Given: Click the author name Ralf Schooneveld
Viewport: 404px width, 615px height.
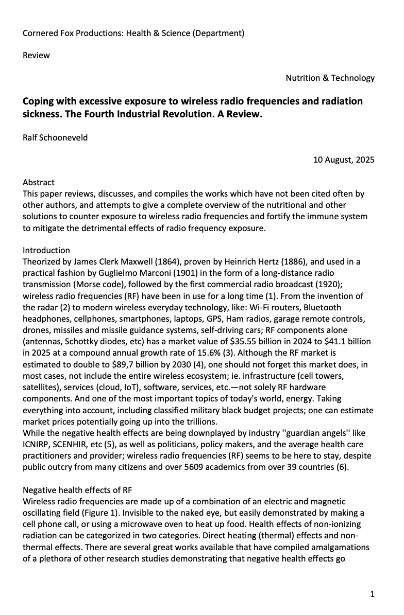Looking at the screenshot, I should tap(55, 137).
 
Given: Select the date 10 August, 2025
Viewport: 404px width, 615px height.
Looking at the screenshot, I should tap(344, 160).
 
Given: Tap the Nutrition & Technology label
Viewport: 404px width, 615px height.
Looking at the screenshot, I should tap(330, 78).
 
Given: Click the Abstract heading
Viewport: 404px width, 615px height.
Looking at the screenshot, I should tap(39, 182).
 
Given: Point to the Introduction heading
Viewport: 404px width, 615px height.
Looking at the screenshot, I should tap(46, 250).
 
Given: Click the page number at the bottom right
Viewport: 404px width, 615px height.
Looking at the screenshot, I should tap(372, 594).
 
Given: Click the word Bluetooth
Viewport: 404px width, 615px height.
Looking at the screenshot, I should tap(321, 307).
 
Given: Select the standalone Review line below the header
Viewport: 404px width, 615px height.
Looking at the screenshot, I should tap(36, 55).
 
